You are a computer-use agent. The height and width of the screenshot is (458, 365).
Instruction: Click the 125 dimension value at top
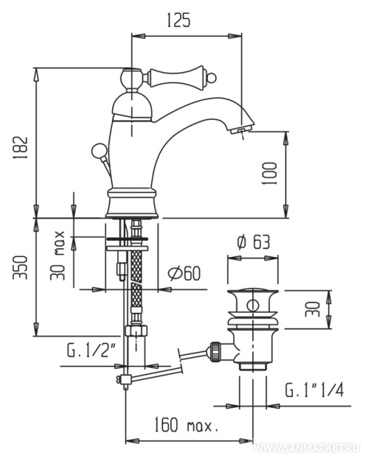pyautogui.click(x=179, y=20)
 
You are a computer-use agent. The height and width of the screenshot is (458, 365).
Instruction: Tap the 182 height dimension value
pyautogui.click(x=20, y=147)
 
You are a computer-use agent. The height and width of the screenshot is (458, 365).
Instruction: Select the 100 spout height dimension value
pyautogui.click(x=269, y=173)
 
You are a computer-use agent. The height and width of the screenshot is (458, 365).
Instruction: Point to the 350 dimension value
pyautogui.click(x=20, y=268)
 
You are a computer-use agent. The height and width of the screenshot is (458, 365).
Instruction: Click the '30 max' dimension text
pyautogui.click(x=57, y=255)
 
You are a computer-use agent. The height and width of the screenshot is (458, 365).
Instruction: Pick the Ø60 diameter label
pyautogui.click(x=184, y=274)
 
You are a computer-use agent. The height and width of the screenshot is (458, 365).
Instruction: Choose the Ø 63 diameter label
pyautogui.click(x=254, y=242)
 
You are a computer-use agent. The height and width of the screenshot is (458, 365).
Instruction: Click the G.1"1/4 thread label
pyautogui.click(x=315, y=390)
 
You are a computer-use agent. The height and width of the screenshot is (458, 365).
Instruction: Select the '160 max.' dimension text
pyautogui.click(x=186, y=425)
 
